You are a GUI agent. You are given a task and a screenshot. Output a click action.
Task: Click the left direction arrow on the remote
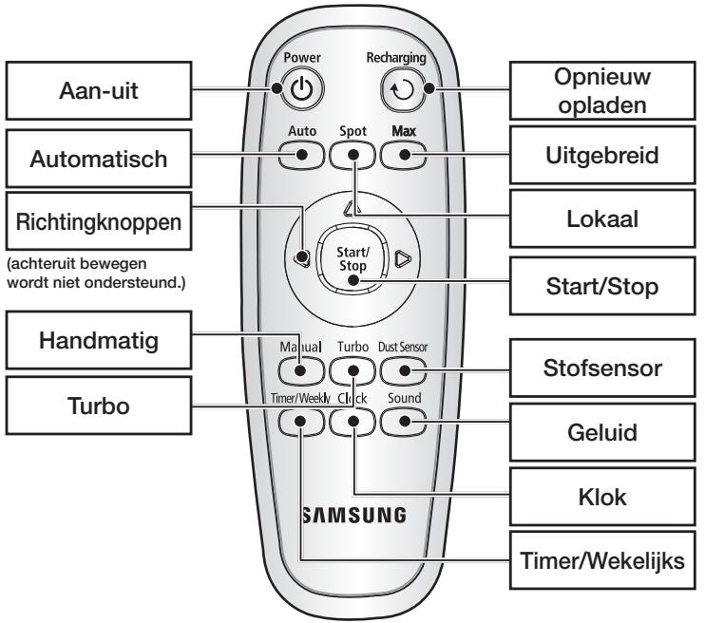(302, 257)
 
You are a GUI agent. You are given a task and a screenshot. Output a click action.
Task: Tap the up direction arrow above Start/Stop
(352, 208)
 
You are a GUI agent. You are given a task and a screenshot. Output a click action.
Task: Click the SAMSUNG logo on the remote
(352, 516)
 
